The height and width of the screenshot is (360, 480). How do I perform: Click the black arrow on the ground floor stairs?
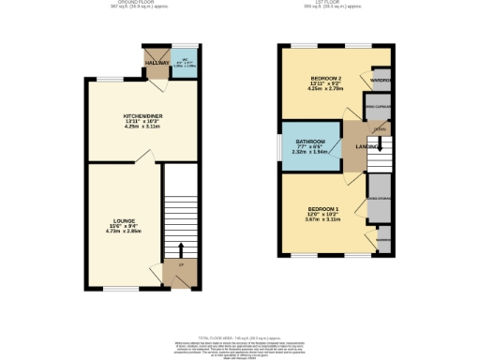point(180,249)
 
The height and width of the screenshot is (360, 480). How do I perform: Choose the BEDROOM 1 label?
point(322,209)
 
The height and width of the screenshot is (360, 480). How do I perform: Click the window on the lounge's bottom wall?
point(116,289)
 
